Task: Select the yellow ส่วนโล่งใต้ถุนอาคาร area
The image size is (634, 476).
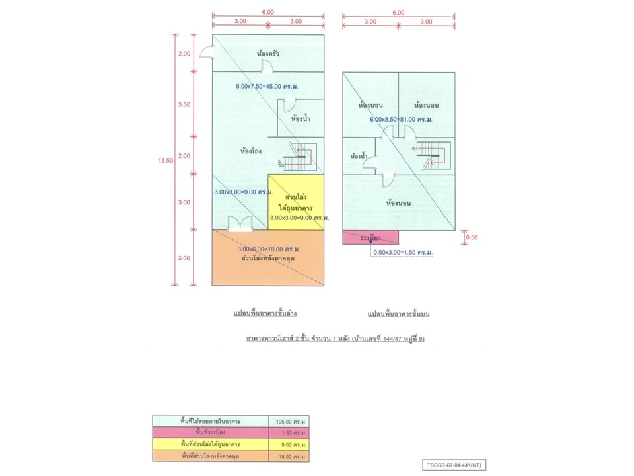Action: click(x=295, y=202)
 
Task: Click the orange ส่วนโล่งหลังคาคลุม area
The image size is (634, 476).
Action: click(x=267, y=258)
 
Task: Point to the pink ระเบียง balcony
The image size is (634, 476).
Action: click(x=370, y=237)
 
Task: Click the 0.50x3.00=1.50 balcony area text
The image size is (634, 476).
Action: click(x=403, y=253)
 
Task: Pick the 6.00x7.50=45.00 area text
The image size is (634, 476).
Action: click(x=267, y=87)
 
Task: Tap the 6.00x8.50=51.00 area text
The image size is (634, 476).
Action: click(x=401, y=120)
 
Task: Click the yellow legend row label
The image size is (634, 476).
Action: click(x=209, y=444)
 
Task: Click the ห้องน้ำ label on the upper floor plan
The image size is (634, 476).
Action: click(x=359, y=157)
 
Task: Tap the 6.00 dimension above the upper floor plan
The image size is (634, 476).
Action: click(x=398, y=13)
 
